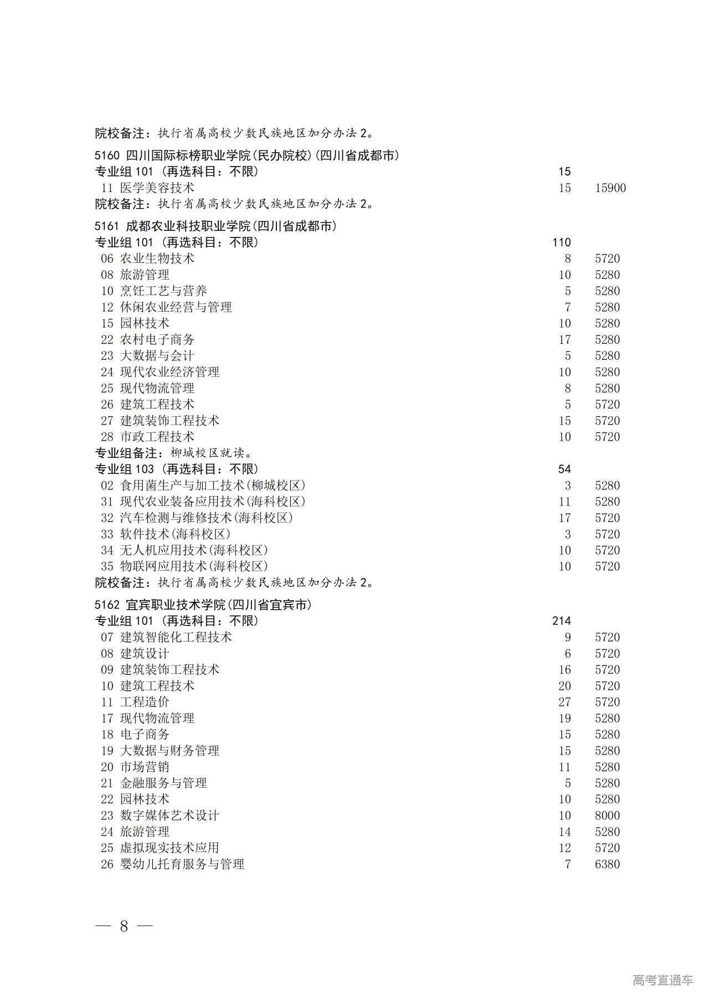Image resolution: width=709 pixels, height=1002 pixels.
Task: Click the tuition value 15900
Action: [x=610, y=188]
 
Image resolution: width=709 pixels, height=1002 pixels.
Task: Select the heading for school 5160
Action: [x=246, y=156]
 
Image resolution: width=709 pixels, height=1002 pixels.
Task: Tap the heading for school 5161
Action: [x=215, y=226]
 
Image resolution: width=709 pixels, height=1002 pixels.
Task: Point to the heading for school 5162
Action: [x=203, y=605]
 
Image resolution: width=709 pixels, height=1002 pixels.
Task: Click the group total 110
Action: [x=561, y=242]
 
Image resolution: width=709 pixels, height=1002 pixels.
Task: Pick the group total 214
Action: [x=561, y=621]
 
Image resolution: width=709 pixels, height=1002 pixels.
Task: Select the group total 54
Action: [x=564, y=469]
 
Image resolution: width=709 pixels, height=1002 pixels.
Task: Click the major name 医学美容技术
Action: [x=157, y=188]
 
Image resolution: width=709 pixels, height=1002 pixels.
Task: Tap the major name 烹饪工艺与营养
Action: [x=163, y=291]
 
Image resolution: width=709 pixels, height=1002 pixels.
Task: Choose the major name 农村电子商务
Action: [x=157, y=340]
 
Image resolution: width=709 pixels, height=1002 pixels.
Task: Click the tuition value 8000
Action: [x=607, y=815]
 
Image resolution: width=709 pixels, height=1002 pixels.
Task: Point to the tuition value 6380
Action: [x=607, y=864]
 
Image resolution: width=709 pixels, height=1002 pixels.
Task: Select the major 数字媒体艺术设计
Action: [x=169, y=815]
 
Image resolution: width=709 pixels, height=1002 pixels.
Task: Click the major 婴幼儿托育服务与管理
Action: [x=182, y=864]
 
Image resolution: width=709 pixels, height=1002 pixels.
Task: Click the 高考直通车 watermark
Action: [x=662, y=980]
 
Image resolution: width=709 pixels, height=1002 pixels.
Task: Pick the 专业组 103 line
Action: [x=176, y=469]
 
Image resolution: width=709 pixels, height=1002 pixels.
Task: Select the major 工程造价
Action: [x=145, y=702]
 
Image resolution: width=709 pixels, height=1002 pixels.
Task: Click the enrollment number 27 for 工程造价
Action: [x=564, y=702]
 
